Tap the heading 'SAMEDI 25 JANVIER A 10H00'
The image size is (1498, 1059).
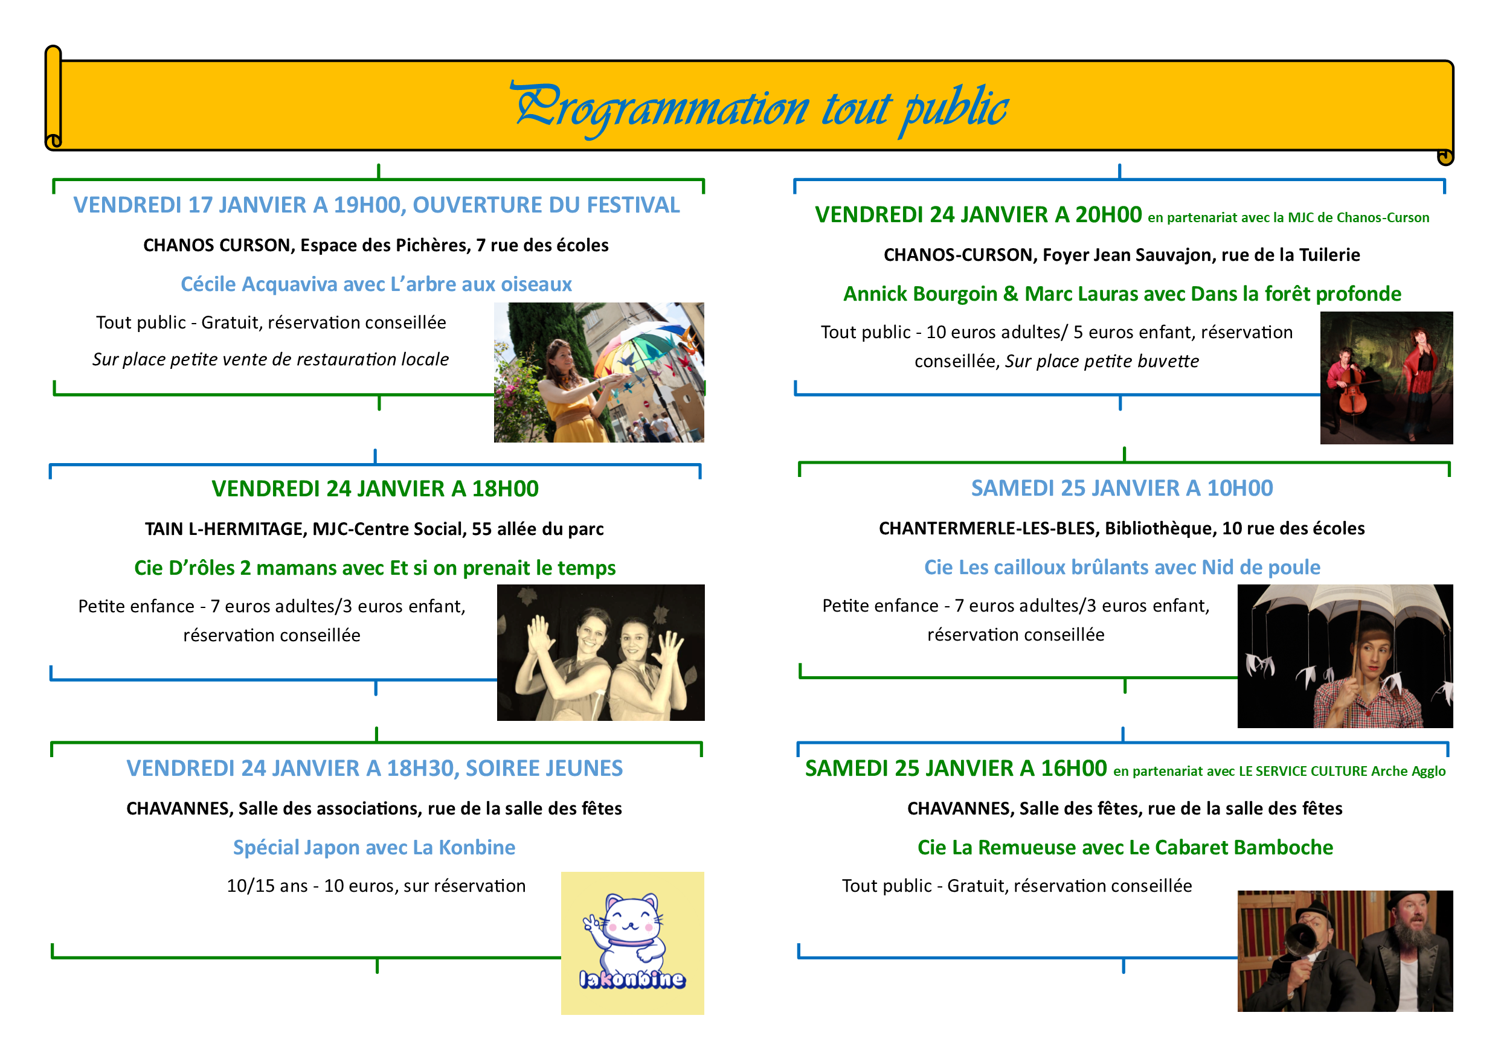[x=1122, y=488]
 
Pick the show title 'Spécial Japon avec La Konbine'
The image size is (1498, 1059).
[x=374, y=847]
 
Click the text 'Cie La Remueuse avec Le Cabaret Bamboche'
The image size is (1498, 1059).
[x=1125, y=847]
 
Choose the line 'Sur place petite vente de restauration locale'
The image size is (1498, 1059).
[x=270, y=359]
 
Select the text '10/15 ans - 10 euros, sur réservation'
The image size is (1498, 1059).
[x=376, y=886]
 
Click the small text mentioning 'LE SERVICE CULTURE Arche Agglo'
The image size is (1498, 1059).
[x=1279, y=772]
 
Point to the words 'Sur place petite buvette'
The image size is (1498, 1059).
[x=1101, y=361]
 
